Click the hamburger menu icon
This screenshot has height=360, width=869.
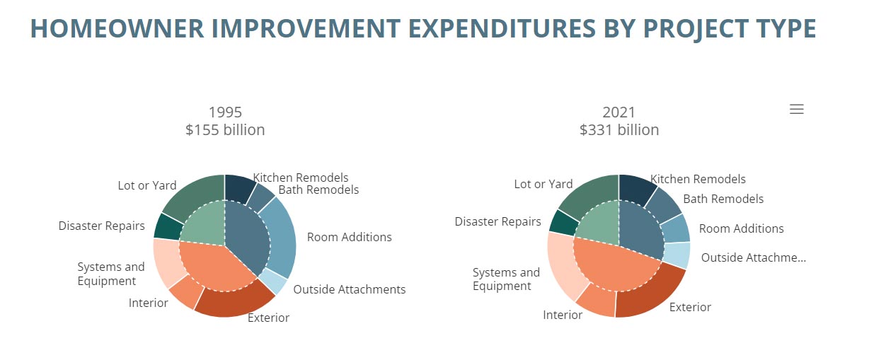[796, 109]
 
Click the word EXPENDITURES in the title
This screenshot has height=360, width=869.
[502, 28]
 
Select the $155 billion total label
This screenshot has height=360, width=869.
[225, 129]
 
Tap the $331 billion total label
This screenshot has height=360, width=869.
[619, 129]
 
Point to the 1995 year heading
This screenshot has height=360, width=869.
[225, 112]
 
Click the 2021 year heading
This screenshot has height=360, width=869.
[618, 112]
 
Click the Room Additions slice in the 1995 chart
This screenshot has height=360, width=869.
[281, 237]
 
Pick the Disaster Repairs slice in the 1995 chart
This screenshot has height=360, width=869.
[168, 227]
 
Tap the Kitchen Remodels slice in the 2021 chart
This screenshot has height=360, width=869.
[636, 189]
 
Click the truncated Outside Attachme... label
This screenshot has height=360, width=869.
[754, 257]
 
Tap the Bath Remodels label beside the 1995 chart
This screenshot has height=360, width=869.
[318, 190]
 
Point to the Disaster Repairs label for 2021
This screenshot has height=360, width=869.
[497, 221]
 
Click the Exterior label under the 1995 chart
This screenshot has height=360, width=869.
[268, 318]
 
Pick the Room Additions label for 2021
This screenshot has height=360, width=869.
[742, 228]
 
